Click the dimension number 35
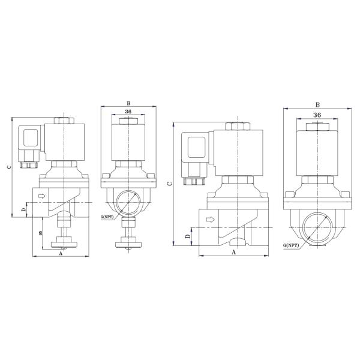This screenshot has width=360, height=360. [41, 233]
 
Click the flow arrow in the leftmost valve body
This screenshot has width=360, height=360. [42, 196]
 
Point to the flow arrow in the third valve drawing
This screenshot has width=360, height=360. [211, 220]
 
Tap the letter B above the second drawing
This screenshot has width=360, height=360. [128, 104]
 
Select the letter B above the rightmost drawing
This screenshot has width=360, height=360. [317, 104]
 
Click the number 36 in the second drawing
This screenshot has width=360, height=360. [128, 112]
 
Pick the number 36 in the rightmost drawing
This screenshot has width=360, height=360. [317, 115]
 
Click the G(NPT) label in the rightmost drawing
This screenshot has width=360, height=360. [291, 245]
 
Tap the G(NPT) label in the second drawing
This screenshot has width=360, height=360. [107, 217]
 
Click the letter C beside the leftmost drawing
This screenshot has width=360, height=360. [9, 167]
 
